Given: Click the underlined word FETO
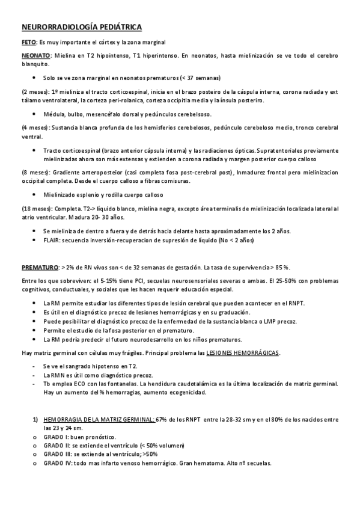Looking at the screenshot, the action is click(28, 42).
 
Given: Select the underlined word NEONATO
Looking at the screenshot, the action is click(35, 55).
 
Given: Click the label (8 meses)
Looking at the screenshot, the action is click(35, 172).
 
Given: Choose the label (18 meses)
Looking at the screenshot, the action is click(36, 208).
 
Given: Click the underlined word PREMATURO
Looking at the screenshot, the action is click(40, 266).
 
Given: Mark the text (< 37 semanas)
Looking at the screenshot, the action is click(194, 78).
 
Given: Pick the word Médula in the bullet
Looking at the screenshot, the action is click(53, 114).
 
